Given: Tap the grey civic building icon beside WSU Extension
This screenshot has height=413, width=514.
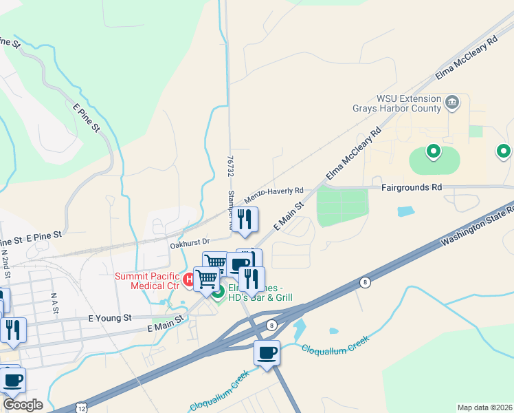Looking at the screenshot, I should tap(452, 104).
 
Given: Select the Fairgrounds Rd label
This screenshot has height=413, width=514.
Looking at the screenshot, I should tap(412, 187).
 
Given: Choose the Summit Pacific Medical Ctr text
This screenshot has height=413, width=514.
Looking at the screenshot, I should tap(146, 280).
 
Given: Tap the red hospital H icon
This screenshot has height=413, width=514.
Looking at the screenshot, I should tap(188, 279).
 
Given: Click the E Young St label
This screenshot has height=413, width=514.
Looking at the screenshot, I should tap(109, 318).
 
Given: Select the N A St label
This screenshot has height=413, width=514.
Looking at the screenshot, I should tap(53, 300).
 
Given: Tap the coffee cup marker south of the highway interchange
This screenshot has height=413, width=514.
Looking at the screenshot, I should tap(267, 353).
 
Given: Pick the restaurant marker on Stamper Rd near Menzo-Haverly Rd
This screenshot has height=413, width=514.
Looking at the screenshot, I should tap(244, 220).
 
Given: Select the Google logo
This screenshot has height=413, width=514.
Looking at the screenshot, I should tap(23, 405).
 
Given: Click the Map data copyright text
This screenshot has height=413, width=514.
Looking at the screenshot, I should tap(485, 407).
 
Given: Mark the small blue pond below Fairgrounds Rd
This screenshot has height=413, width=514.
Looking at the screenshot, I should tap(405, 211).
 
